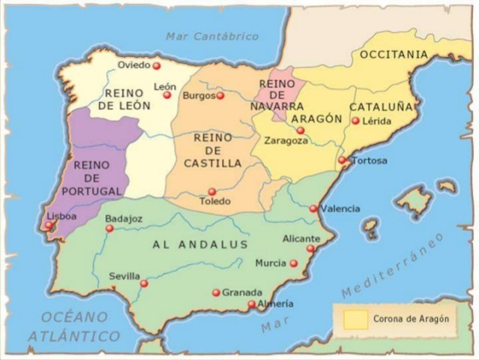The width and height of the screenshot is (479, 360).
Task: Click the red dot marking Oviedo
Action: (157, 66)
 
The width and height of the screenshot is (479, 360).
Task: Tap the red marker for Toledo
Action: (212, 192)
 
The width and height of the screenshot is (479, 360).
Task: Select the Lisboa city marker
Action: (49, 225)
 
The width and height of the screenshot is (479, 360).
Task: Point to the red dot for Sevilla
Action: (144, 283)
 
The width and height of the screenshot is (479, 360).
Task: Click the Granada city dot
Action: (217, 292)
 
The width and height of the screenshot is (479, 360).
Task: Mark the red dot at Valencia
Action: (313, 208)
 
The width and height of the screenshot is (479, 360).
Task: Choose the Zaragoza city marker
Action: (301, 130)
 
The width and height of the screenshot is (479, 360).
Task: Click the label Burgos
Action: (198, 96)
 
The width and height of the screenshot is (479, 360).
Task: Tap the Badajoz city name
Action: (124, 218)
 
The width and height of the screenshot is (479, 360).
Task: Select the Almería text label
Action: (275, 304)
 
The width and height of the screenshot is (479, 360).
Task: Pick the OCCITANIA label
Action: (394, 55)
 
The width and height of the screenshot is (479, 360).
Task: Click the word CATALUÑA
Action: (381, 106)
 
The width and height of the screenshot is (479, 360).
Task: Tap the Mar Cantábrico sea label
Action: (212, 36)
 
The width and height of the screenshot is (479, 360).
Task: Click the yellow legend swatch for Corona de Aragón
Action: (355, 319)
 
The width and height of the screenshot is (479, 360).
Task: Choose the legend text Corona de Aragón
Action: (412, 319)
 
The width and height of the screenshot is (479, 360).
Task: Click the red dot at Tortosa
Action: (342, 160)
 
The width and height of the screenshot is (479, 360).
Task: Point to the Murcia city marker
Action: (294, 263)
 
